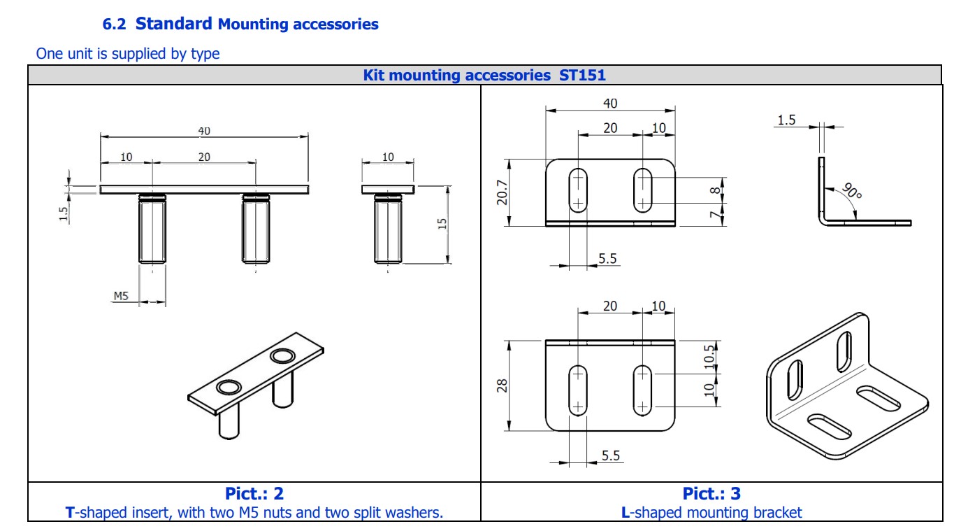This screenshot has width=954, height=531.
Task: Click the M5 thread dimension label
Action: click(x=121, y=296)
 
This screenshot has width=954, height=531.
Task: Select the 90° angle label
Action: click(x=852, y=190)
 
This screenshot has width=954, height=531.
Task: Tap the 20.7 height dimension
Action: click(x=502, y=192)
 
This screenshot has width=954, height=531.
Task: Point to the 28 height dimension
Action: click(x=502, y=385)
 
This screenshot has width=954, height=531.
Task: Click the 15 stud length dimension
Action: click(x=442, y=224)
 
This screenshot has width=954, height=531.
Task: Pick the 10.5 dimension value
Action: click(x=709, y=356)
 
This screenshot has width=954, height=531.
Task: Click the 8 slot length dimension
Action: click(x=715, y=190)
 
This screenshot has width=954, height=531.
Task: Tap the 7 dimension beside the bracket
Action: click(x=715, y=214)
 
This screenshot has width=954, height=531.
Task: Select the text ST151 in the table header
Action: click(x=582, y=75)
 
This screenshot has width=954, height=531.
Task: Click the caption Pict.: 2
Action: click(x=254, y=493)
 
